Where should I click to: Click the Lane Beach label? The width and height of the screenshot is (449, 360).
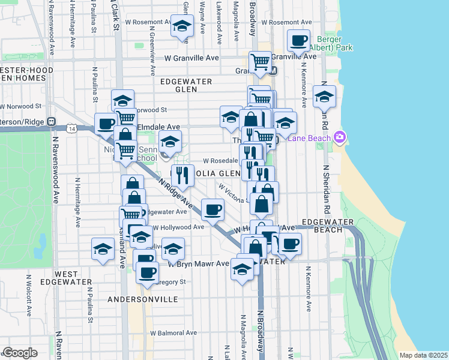click(310, 138)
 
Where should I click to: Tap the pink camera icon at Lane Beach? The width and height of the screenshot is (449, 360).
click(340, 138)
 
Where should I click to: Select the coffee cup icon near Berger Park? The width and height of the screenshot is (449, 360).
click(298, 41)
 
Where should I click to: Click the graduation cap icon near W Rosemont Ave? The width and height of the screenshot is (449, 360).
click(182, 26)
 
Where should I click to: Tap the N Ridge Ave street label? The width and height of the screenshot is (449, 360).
click(176, 193)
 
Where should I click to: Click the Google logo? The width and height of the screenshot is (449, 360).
click(20, 353)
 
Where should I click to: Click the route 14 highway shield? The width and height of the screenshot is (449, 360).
click(72, 128)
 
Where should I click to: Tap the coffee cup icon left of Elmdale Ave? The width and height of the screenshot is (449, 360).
click(106, 124)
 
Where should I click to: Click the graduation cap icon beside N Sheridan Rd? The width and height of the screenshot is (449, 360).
click(324, 96)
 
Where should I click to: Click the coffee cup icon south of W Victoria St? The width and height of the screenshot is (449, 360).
click(212, 209)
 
